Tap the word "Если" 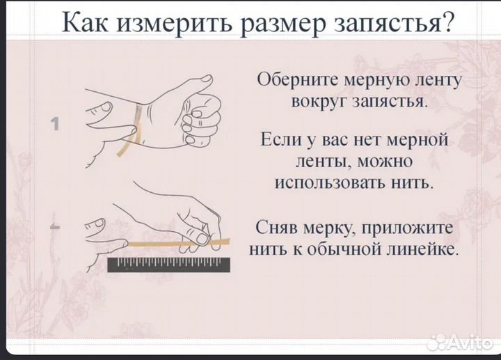tap(280, 140)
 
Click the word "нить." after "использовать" tap(412, 184)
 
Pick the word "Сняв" tap(278, 228)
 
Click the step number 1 tap(54, 123)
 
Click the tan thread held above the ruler tap(167, 244)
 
